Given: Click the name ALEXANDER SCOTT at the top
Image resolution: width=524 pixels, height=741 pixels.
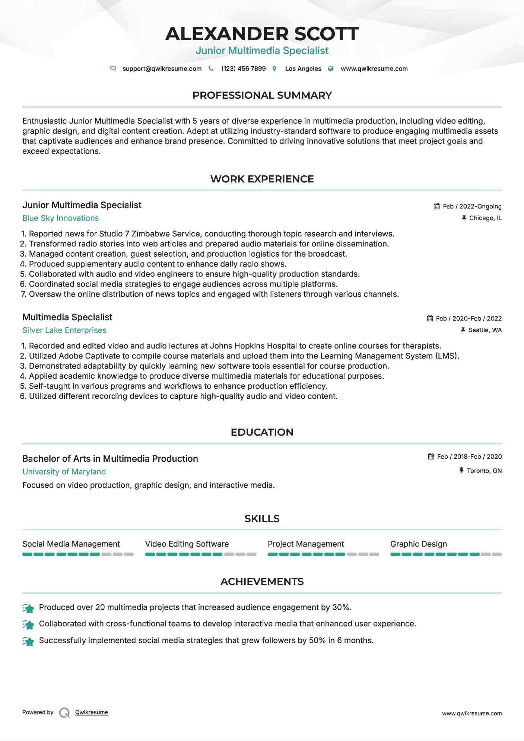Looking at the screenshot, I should (x=262, y=34).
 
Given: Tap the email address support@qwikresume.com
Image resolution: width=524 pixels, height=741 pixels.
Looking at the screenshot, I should (x=162, y=69).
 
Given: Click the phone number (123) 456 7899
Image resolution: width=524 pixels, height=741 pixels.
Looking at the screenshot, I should (x=243, y=69).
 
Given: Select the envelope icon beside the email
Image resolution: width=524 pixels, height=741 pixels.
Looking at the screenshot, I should (x=113, y=69).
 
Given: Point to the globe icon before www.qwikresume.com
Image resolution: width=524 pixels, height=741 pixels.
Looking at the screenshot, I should (x=331, y=69).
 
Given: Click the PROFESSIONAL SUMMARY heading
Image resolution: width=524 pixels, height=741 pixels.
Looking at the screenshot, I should (x=262, y=95).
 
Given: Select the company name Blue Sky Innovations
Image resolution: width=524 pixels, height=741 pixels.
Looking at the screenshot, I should (x=60, y=218).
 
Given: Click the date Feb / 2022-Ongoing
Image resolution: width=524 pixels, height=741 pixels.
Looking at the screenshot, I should (x=472, y=207).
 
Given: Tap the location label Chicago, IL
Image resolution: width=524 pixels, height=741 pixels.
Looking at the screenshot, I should (x=485, y=218).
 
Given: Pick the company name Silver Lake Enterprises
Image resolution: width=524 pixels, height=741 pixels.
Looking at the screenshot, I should (x=64, y=330).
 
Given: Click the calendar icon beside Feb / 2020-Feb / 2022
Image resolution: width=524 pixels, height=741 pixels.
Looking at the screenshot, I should (x=430, y=318).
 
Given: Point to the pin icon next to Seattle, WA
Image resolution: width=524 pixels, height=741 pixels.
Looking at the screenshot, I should (x=463, y=330).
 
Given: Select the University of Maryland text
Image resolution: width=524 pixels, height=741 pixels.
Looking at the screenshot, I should (x=64, y=472).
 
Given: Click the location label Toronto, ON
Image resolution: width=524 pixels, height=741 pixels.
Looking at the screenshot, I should (x=484, y=471).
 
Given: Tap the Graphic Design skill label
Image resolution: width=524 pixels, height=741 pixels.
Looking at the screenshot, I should (x=418, y=544).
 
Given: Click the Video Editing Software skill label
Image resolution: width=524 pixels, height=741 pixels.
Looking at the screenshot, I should (x=187, y=544).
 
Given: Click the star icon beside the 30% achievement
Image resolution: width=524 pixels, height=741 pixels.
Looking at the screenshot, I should (x=28, y=608).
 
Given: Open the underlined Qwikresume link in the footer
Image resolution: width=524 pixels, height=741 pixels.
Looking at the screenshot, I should (x=91, y=712).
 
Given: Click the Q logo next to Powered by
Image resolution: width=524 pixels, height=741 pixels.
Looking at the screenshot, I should (x=64, y=713).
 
